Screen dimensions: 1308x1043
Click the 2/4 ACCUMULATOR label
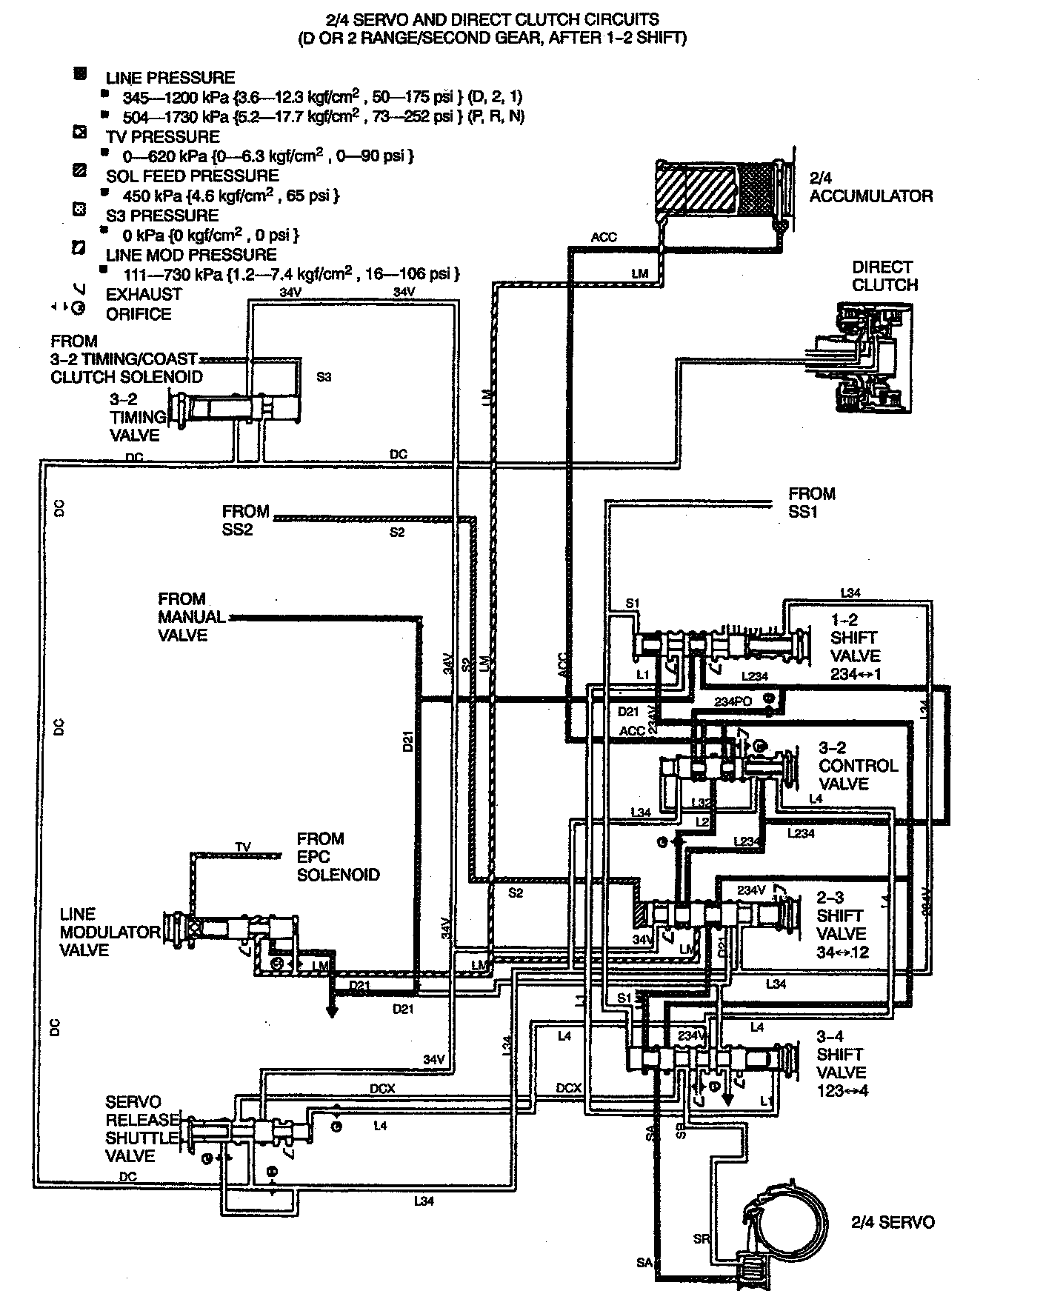tap(870, 187)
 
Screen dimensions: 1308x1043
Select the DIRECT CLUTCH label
tap(884, 276)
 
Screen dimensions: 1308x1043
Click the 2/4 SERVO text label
tap(892, 1222)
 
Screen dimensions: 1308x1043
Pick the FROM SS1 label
tap(812, 502)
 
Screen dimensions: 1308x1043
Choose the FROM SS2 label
tap(244, 520)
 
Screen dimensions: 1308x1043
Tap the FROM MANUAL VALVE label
tap(191, 616)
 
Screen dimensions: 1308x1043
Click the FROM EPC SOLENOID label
tap(338, 856)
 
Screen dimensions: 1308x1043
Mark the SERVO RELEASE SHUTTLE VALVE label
tap(141, 1129)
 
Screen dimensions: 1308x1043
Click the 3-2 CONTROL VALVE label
tap(858, 766)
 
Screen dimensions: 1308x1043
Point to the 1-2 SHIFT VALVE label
tap(855, 647)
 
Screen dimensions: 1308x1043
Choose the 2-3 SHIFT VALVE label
tap(842, 924)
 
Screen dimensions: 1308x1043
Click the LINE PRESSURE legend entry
tap(170, 78)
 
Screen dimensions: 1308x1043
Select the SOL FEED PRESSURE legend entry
tap(192, 176)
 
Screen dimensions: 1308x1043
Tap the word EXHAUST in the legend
tap(144, 294)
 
